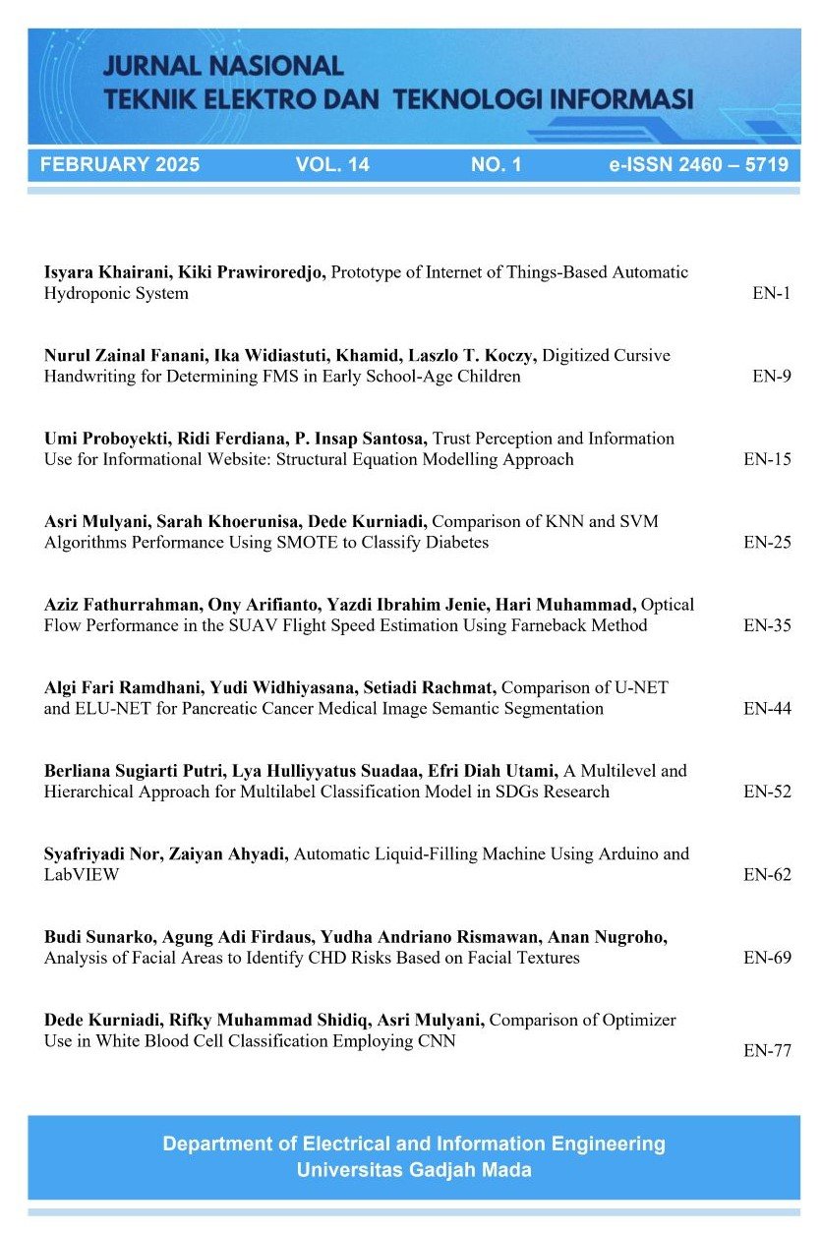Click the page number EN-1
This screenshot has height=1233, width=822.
771,293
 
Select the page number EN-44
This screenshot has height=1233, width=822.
767,709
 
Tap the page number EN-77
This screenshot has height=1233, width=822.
767,1050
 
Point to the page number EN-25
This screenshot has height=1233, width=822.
767,542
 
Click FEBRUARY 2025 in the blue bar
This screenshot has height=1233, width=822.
120,165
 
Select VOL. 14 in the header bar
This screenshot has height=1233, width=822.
332,165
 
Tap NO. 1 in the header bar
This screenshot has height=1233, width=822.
497,165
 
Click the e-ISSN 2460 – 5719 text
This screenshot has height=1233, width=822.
698,165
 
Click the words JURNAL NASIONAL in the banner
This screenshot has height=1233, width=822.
223,66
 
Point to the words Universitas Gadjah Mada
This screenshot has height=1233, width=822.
413,1170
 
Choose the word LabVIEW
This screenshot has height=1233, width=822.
82,874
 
